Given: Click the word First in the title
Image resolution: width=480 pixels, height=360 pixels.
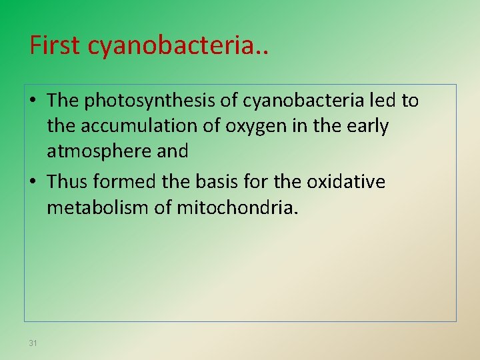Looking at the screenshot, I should point(56,45).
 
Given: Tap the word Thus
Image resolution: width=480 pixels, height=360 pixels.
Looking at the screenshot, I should point(68,182).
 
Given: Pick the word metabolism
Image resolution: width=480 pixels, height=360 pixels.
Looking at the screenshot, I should point(101,207).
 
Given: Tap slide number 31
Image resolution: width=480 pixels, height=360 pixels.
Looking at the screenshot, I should point(33,343).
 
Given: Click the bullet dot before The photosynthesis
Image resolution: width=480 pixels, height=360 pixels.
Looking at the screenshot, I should point(33,101).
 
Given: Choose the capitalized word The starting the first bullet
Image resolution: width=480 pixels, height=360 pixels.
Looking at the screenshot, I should point(63,101).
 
